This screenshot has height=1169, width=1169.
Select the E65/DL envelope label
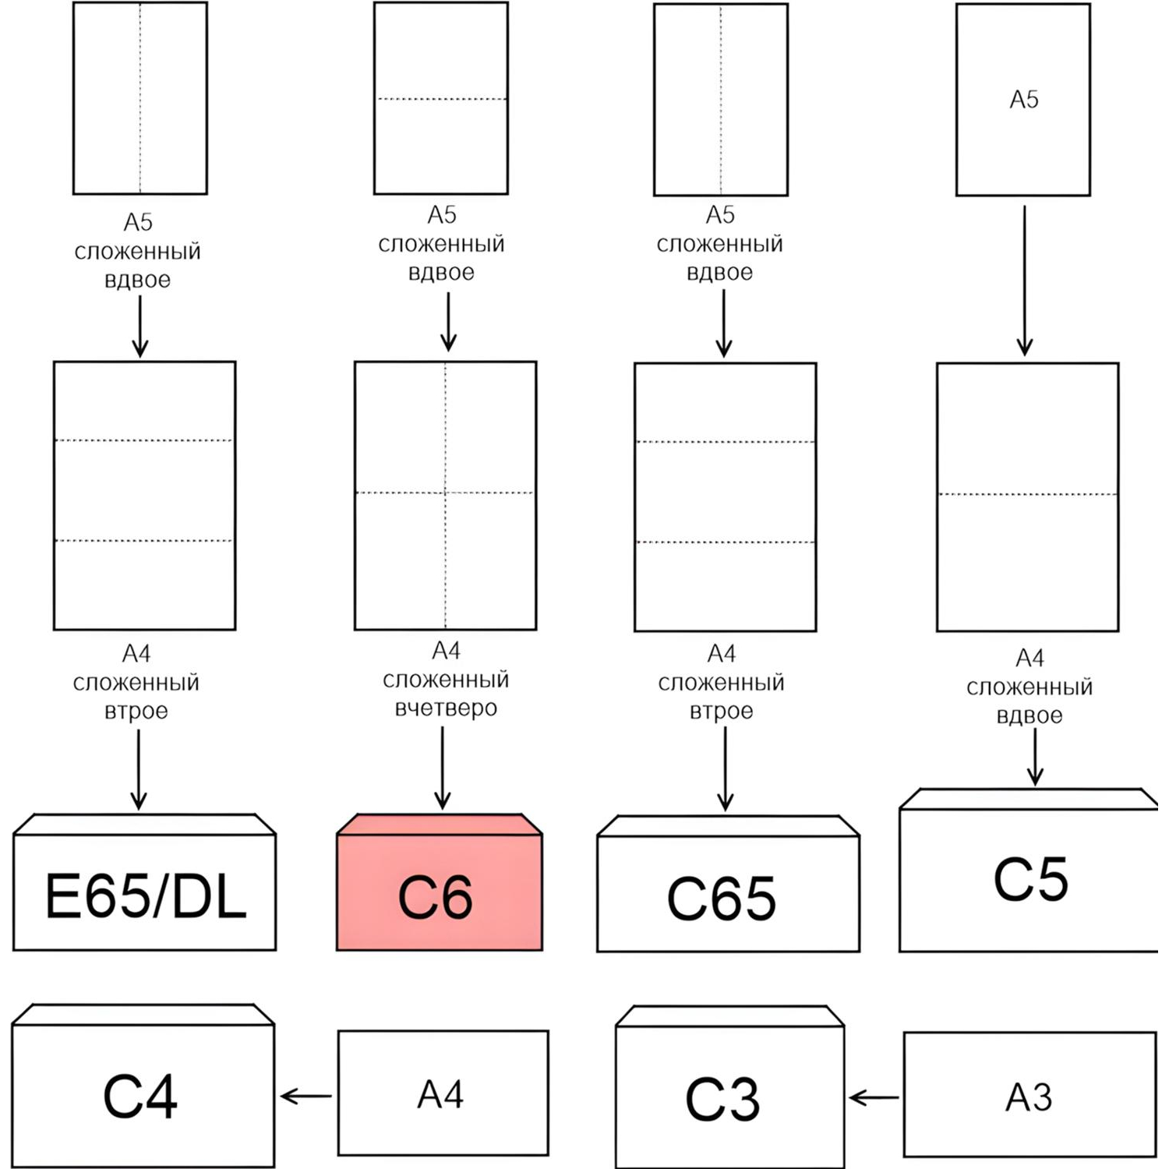(x=147, y=896)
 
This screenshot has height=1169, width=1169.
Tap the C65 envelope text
(x=722, y=899)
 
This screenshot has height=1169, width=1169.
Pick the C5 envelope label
(x=1031, y=880)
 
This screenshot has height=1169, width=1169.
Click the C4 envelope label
(x=140, y=1097)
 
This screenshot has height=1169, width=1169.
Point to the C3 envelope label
(x=722, y=1100)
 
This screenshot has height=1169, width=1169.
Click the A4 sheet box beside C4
(x=443, y=1093)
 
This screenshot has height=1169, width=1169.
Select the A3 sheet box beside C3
(x=1030, y=1095)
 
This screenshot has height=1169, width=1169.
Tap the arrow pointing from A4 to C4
(x=306, y=1097)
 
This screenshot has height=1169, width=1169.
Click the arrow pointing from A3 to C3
(x=874, y=1098)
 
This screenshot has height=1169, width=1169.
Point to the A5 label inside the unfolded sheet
(x=1024, y=100)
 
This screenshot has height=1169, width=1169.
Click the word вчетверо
(x=446, y=708)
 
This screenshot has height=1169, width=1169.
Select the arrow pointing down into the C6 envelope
(x=443, y=768)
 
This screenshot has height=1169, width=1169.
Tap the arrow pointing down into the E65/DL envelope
(x=139, y=770)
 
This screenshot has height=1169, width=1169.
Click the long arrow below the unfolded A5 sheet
(x=1025, y=281)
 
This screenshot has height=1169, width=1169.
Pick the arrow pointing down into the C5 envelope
(x=1035, y=757)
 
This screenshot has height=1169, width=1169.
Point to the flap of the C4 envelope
(x=143, y=1015)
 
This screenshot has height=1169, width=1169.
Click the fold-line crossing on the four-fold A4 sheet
(x=446, y=493)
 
